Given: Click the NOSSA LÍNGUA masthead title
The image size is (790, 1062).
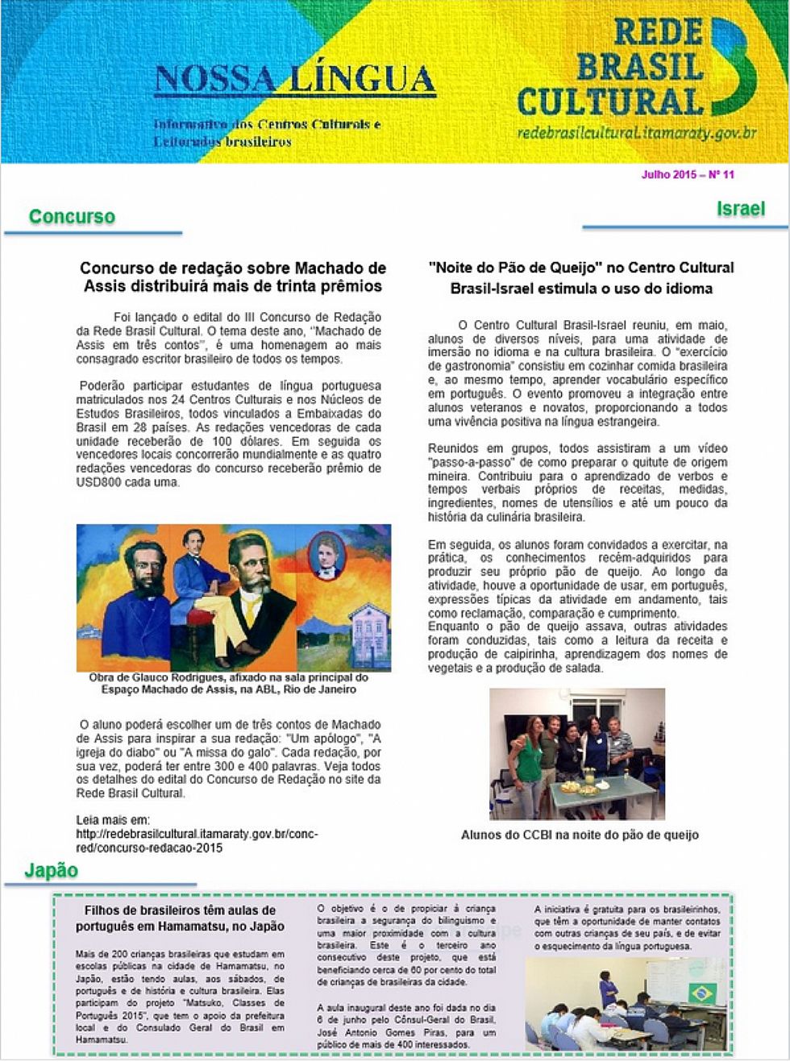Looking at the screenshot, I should [x=294, y=80].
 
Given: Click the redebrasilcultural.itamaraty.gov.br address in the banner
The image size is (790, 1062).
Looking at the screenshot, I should [x=636, y=132].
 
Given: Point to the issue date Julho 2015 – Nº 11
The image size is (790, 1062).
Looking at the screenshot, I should [x=688, y=174].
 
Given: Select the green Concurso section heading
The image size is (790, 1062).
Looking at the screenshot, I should [x=72, y=216].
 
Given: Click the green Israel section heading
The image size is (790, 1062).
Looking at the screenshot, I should [x=740, y=209].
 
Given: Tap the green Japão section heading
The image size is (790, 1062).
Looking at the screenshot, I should [x=51, y=870].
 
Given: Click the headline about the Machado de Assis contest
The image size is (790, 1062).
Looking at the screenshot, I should [x=232, y=277].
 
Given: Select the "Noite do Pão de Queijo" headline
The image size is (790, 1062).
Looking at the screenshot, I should [x=580, y=277].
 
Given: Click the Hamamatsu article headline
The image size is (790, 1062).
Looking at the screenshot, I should [x=180, y=918].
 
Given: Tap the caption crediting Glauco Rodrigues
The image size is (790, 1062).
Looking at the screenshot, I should [x=229, y=683].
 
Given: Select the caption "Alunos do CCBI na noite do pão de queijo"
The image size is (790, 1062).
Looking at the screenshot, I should [x=579, y=835].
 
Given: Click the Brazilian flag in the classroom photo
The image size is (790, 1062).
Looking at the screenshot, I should [x=701, y=993].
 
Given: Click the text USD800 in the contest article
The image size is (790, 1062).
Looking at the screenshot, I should [x=98, y=482].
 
